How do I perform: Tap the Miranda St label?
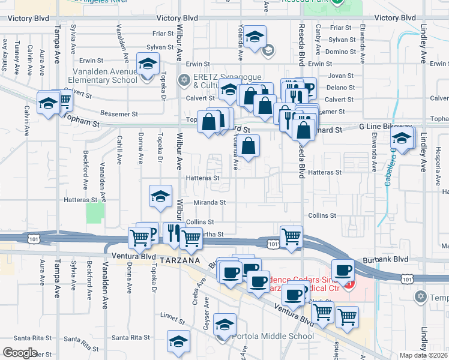209,203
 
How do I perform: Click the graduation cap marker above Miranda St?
160,197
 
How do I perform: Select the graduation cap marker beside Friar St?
255,38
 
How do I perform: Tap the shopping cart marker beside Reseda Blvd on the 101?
291,236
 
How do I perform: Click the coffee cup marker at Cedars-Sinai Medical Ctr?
343,271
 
